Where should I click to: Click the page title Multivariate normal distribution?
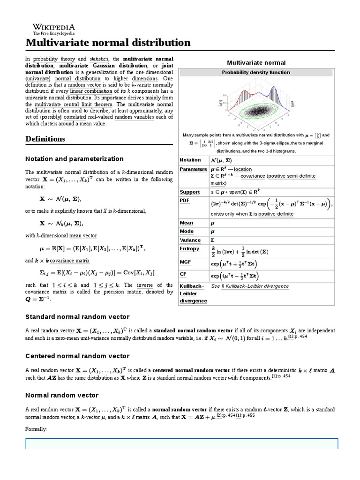108,43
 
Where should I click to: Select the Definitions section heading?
45,139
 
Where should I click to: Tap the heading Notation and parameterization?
74,159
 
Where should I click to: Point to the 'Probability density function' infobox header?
256,73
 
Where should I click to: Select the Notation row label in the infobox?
190,160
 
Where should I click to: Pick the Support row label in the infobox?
190,192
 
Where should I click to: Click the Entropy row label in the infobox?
189,249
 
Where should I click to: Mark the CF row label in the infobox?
183,273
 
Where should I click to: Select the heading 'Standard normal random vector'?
77,317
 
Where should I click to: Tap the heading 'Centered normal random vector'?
77,356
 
